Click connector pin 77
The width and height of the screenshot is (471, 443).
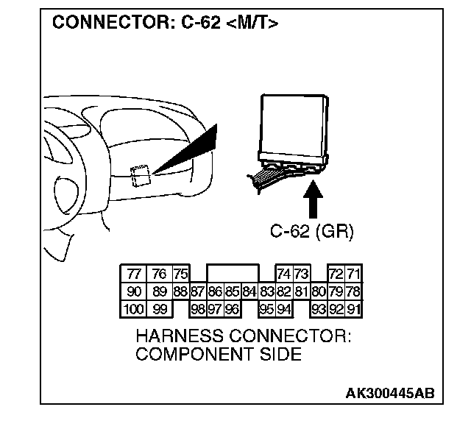[x=134, y=274]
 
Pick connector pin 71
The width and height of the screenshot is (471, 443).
[x=354, y=274]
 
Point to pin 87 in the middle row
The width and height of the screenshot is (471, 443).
[x=197, y=291]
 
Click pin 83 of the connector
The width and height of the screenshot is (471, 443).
[x=267, y=291]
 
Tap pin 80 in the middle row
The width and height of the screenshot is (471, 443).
[x=319, y=291]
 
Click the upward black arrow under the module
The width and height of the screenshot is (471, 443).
[x=312, y=200]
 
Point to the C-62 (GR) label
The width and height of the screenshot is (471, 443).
[x=312, y=233]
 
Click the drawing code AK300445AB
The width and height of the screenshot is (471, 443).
[x=389, y=393]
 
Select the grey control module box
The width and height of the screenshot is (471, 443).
[x=294, y=129]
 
